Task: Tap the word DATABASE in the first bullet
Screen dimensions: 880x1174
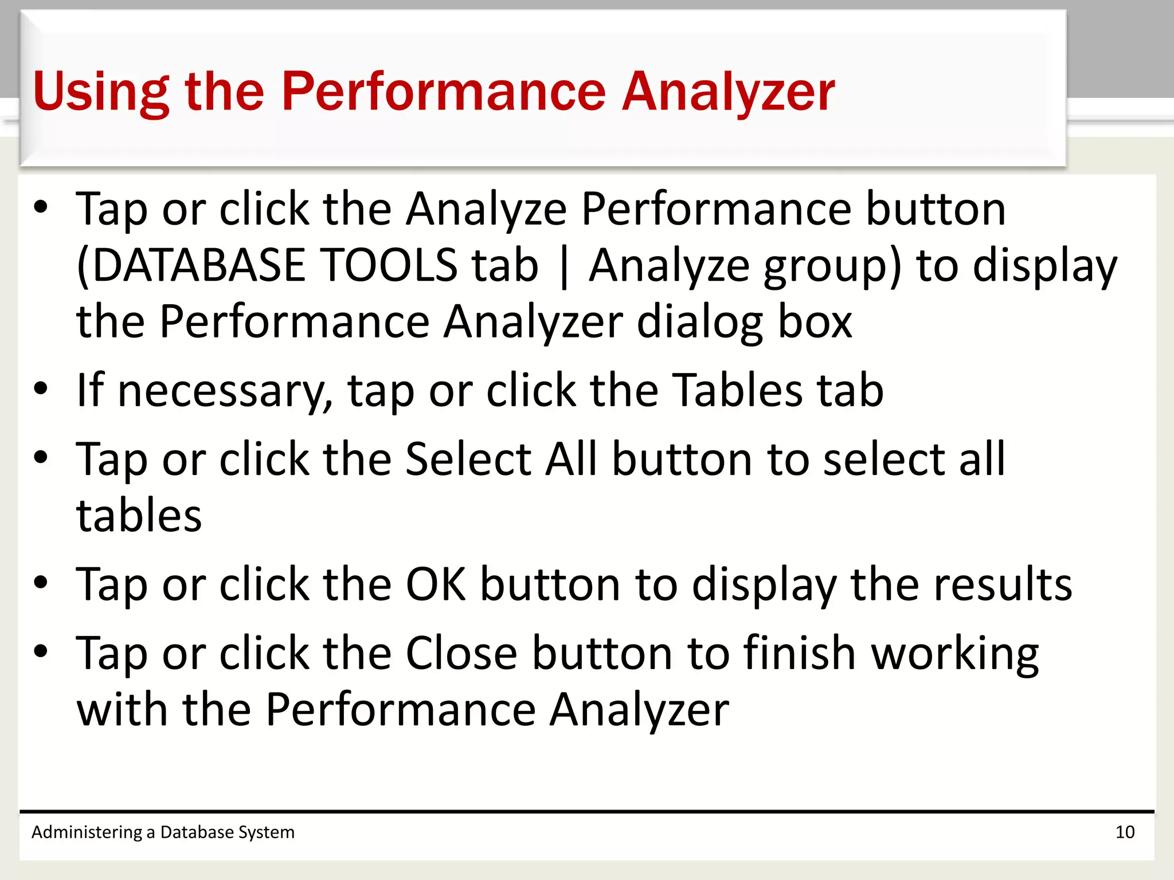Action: [198, 265]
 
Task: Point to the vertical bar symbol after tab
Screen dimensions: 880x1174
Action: [564, 267]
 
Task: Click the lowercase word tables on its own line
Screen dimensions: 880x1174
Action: [139, 515]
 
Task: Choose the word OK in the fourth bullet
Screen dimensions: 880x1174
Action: [436, 584]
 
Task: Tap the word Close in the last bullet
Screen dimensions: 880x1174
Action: [461, 653]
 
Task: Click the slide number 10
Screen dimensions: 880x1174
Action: [1125, 832]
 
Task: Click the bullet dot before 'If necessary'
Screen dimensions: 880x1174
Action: [41, 389]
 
